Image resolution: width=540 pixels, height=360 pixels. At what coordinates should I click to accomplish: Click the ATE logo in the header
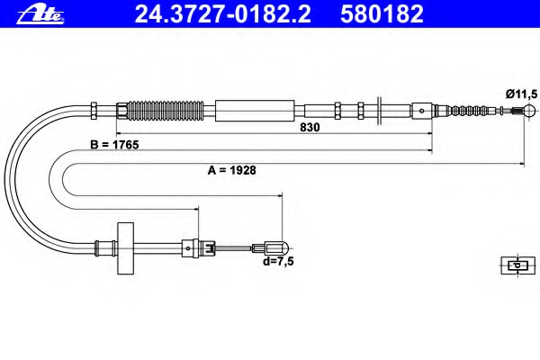[x=40, y=14]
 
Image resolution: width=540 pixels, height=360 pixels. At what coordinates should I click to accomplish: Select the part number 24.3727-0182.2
[x=223, y=14]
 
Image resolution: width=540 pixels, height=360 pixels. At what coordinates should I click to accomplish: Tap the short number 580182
[x=382, y=14]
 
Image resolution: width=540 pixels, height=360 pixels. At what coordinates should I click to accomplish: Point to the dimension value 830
[x=310, y=127]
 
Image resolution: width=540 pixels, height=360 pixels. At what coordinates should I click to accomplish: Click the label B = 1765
[x=114, y=145]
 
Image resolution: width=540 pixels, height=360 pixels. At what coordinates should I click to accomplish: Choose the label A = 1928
[x=232, y=170]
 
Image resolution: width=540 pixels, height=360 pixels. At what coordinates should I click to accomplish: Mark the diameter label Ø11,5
[x=521, y=94]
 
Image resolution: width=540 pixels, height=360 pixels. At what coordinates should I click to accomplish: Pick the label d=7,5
[x=278, y=262]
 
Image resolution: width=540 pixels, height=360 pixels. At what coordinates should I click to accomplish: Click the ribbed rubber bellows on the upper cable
[x=166, y=111]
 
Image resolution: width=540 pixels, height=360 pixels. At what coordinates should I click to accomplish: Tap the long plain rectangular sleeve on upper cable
[x=255, y=111]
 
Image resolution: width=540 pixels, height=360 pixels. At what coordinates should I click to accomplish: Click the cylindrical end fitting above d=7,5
[x=274, y=247]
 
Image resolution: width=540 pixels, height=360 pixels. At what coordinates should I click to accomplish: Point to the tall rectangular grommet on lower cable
[x=125, y=248]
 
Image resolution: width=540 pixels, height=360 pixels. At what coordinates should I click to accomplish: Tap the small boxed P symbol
[x=518, y=265]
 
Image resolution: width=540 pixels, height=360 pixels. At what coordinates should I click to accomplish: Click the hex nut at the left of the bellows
[x=121, y=111]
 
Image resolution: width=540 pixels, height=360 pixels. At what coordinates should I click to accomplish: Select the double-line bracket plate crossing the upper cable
[x=379, y=111]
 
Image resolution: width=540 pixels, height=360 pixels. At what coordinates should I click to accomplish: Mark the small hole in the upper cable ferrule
[x=421, y=111]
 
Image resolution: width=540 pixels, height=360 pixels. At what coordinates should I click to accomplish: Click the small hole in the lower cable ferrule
[x=188, y=248]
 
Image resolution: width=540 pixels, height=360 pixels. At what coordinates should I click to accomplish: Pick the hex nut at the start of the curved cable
[x=94, y=111]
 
